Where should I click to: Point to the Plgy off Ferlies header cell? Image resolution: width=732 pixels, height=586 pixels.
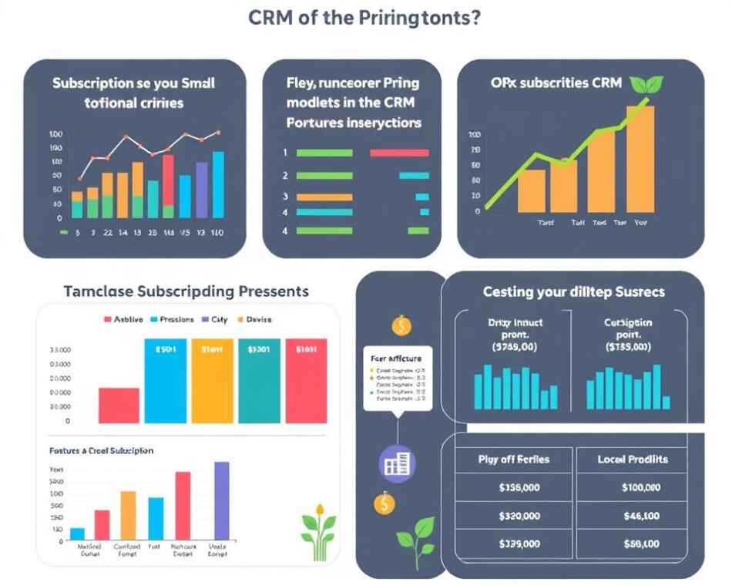(x=514, y=460)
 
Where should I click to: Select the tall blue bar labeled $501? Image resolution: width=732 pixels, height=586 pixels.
(x=166, y=381)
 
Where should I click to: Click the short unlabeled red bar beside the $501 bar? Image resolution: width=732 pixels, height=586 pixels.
(x=119, y=405)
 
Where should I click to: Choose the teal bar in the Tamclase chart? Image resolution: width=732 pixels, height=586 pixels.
(x=259, y=381)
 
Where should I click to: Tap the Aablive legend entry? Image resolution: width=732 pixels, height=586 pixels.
(x=123, y=319)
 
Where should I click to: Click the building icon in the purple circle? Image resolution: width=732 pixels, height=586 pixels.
(x=398, y=463)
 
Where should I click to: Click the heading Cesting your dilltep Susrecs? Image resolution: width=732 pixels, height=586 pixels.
(x=573, y=292)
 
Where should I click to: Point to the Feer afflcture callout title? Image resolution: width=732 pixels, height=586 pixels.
(x=396, y=359)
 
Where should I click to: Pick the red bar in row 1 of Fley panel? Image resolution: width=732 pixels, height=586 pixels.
(x=399, y=153)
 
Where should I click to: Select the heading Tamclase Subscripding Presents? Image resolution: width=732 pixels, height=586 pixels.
(x=186, y=291)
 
